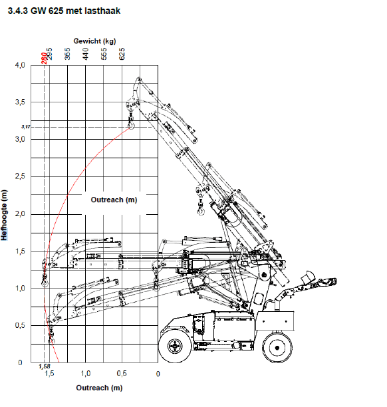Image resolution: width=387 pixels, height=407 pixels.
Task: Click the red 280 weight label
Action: tap(43, 57)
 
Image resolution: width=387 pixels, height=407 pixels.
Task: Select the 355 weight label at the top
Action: tap(67, 56)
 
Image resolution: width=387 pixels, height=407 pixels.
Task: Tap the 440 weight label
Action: tap(86, 56)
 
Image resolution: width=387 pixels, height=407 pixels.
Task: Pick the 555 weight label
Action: tap(104, 56)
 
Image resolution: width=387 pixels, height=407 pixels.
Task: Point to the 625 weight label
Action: tap(122, 56)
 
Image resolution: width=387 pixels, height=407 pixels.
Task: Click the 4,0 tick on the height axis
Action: tap(20, 65)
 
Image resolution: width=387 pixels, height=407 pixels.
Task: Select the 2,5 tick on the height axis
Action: tap(20, 177)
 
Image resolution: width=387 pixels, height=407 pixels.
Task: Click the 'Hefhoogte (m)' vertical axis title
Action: tap(6, 215)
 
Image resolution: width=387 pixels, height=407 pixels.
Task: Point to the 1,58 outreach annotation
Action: tap(45, 366)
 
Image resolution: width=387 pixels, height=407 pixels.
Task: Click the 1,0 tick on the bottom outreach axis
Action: tap(86, 374)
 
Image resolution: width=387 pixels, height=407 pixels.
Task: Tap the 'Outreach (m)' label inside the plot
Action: tap(113, 200)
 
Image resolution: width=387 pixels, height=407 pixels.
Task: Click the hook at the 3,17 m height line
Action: tap(130, 124)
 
